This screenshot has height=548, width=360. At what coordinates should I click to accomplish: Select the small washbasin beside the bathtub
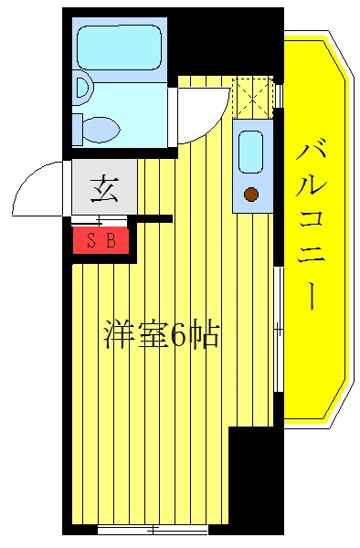83,88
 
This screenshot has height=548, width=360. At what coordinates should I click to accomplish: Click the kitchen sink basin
249,151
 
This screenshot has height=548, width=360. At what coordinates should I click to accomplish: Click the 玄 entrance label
102,189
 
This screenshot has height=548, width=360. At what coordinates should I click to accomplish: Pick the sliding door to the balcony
277,329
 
